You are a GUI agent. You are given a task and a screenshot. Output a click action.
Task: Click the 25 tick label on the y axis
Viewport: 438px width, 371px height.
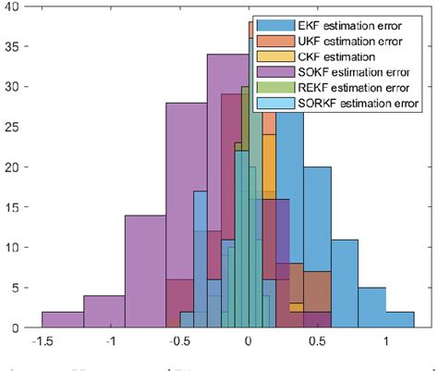[19, 127]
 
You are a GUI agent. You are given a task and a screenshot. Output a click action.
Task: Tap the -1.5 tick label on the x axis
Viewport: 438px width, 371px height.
[41, 341]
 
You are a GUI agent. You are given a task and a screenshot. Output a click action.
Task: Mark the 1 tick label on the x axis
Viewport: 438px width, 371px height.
[386, 341]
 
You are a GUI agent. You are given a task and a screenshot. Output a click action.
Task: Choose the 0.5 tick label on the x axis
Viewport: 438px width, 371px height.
[317, 341]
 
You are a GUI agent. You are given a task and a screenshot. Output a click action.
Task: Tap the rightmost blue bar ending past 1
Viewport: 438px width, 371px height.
[400, 320]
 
